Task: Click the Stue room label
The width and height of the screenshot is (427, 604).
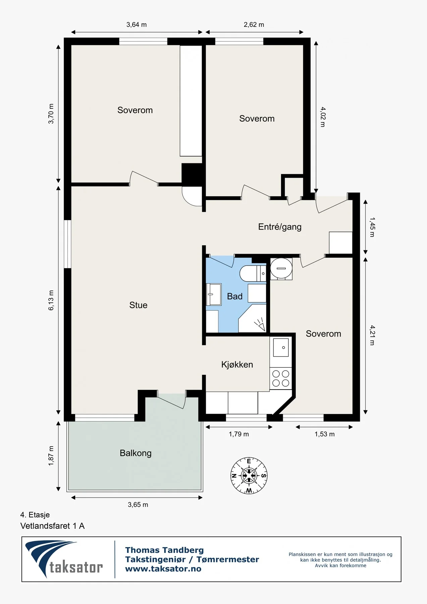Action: (138, 305)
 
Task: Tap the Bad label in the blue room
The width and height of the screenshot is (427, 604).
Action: (234, 296)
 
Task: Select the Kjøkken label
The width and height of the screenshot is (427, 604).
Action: (237, 364)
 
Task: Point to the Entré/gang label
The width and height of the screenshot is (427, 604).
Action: (280, 227)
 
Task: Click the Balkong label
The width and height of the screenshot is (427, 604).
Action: (136, 453)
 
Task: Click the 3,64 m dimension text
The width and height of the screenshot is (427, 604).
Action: (137, 24)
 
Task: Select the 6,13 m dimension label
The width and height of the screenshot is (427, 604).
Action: (51, 300)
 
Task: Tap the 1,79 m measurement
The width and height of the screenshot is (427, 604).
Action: (239, 434)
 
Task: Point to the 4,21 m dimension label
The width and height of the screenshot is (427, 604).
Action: (372, 335)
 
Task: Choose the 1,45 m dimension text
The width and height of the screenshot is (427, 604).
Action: (372, 227)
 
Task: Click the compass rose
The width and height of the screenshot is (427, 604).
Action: (249, 475)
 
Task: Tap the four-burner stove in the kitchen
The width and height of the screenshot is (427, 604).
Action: (281, 378)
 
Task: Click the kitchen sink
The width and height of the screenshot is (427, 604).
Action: (281, 347)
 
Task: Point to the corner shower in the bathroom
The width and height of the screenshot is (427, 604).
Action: (252, 318)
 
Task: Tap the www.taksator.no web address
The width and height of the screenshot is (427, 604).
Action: (163, 569)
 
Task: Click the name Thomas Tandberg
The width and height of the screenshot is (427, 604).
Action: (164, 550)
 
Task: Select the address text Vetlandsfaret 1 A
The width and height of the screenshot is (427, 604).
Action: (52, 526)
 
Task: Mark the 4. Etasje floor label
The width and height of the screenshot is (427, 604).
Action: (35, 515)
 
